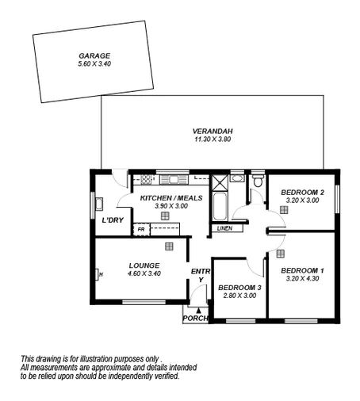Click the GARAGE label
[94, 55]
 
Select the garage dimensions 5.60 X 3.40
[94, 63]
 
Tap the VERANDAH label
[213, 132]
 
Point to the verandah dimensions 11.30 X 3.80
[213, 139]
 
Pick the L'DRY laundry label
[112, 220]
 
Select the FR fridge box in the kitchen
[141, 229]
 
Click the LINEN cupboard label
[224, 229]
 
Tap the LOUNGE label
[144, 265]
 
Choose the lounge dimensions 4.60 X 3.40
[144, 273]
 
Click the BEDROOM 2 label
[301, 193]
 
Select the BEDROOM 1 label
[301, 269]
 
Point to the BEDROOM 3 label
[239, 287]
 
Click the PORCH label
[195, 318]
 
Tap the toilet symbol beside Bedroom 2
[256, 184]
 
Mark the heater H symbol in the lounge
[100, 275]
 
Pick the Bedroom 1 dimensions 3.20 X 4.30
[301, 278]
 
